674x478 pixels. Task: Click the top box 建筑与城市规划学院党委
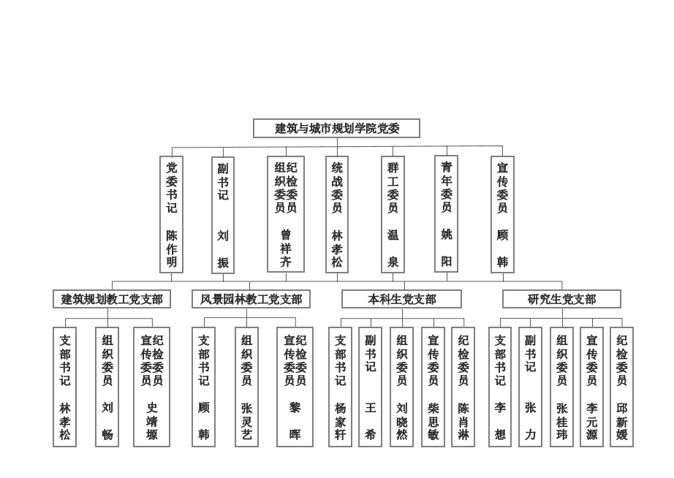click(x=336, y=128)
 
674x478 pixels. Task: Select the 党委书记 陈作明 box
click(x=172, y=214)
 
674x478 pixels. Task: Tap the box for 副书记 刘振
click(x=223, y=215)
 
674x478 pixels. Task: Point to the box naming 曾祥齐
click(x=286, y=214)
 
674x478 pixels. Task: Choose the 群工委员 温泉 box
click(x=393, y=214)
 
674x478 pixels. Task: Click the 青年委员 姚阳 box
click(x=446, y=213)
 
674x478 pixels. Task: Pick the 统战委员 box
click(x=337, y=214)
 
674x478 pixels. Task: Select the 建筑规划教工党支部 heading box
click(x=112, y=299)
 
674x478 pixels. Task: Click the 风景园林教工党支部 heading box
click(x=251, y=299)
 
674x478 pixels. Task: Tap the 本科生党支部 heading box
click(x=402, y=299)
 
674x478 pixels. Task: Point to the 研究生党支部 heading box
click(x=562, y=299)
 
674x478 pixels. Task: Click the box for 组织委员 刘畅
click(x=107, y=387)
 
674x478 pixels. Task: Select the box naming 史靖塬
click(x=152, y=387)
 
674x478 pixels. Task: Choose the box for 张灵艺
click(x=247, y=387)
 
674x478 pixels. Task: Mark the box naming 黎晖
click(x=295, y=387)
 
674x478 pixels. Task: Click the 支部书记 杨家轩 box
click(x=340, y=387)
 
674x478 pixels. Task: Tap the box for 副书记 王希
click(x=370, y=387)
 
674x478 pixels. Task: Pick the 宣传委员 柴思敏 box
click(x=433, y=387)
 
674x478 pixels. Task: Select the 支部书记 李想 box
click(x=500, y=387)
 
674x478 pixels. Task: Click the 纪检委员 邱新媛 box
click(x=621, y=387)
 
